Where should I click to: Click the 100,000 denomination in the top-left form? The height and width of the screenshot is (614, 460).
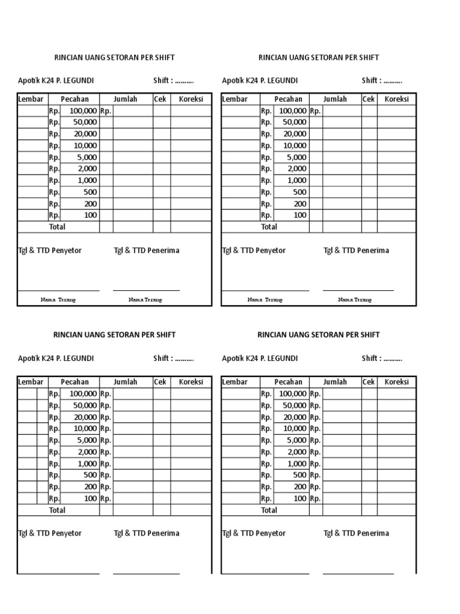(x=83, y=111)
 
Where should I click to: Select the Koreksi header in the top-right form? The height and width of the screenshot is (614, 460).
(x=397, y=99)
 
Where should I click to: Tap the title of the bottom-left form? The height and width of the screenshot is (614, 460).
(x=114, y=335)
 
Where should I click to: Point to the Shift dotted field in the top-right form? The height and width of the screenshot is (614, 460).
(x=393, y=81)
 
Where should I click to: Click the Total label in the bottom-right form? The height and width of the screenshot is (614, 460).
(x=269, y=510)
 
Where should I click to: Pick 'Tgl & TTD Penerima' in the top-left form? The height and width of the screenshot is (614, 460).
(x=146, y=251)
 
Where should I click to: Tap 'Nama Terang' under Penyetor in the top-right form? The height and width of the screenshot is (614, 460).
(x=265, y=300)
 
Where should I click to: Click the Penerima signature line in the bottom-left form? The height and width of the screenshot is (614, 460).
(x=146, y=574)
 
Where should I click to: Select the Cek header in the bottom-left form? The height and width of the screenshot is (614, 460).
(x=160, y=382)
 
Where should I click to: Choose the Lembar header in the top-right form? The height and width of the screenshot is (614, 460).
(x=234, y=99)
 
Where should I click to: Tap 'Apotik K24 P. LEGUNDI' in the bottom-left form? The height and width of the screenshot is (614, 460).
(x=56, y=359)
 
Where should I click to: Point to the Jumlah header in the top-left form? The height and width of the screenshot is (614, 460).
(x=126, y=99)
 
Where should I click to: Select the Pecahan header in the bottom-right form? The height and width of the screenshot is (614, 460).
(x=289, y=382)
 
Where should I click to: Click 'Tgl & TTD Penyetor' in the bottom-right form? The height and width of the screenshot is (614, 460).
(x=254, y=534)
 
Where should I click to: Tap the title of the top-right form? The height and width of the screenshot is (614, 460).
(x=319, y=58)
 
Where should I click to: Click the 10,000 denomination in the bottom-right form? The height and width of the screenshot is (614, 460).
(x=294, y=429)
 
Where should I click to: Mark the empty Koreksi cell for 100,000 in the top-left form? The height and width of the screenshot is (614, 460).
(x=190, y=111)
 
